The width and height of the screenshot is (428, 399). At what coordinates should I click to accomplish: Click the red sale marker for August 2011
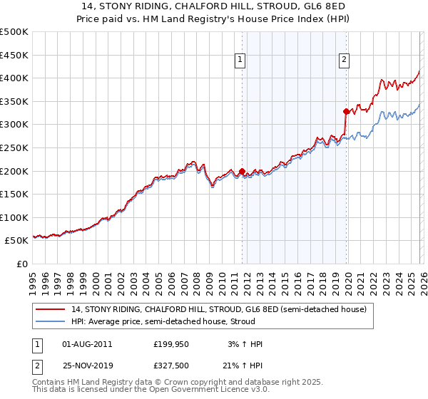pyautogui.click(x=242, y=171)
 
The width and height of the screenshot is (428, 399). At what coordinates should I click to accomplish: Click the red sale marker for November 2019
pyautogui.click(x=346, y=111)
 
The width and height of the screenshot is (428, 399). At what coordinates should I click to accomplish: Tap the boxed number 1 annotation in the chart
pyautogui.click(x=240, y=61)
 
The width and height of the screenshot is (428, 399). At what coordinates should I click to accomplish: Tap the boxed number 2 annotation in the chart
pyautogui.click(x=344, y=61)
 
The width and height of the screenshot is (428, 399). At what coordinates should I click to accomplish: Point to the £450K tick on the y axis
pyautogui.click(x=14, y=55)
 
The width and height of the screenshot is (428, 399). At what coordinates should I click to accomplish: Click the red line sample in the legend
pyautogui.click(x=51, y=309)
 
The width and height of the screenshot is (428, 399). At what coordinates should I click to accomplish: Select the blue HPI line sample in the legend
pyautogui.click(x=51, y=322)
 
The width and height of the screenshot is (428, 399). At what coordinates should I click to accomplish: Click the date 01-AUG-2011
pyautogui.click(x=86, y=344)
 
